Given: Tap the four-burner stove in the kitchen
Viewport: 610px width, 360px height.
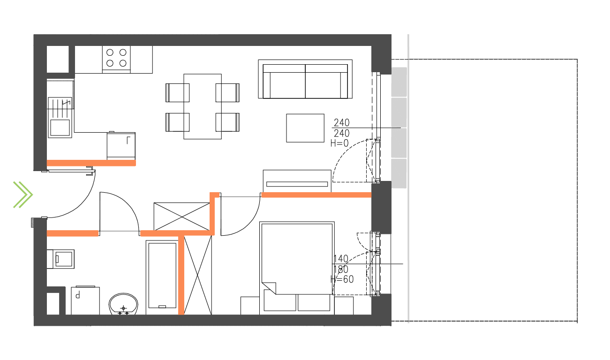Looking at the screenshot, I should (116, 58).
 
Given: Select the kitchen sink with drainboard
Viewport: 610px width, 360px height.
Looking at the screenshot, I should (60, 117).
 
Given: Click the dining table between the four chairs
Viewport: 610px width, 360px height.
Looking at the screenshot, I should (203, 106).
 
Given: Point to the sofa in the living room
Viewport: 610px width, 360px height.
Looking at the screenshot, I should (305, 79).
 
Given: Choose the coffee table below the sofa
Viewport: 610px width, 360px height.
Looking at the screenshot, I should (305, 127).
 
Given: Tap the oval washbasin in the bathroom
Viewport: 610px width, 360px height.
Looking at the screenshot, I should (124, 305).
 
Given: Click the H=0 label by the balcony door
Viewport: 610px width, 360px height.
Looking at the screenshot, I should (339, 143).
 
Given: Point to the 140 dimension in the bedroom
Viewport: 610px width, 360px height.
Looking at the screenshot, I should (341, 259).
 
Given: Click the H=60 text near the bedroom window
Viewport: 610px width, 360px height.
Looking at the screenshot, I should (342, 280).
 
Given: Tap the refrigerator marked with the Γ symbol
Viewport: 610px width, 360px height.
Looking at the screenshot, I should (121, 145).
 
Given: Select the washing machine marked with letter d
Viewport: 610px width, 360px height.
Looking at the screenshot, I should (85, 300).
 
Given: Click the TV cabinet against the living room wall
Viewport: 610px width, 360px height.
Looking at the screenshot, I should (297, 181).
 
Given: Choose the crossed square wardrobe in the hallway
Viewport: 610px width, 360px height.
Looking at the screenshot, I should (181, 216).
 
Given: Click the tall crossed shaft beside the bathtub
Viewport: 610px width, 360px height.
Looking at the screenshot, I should (198, 275).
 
